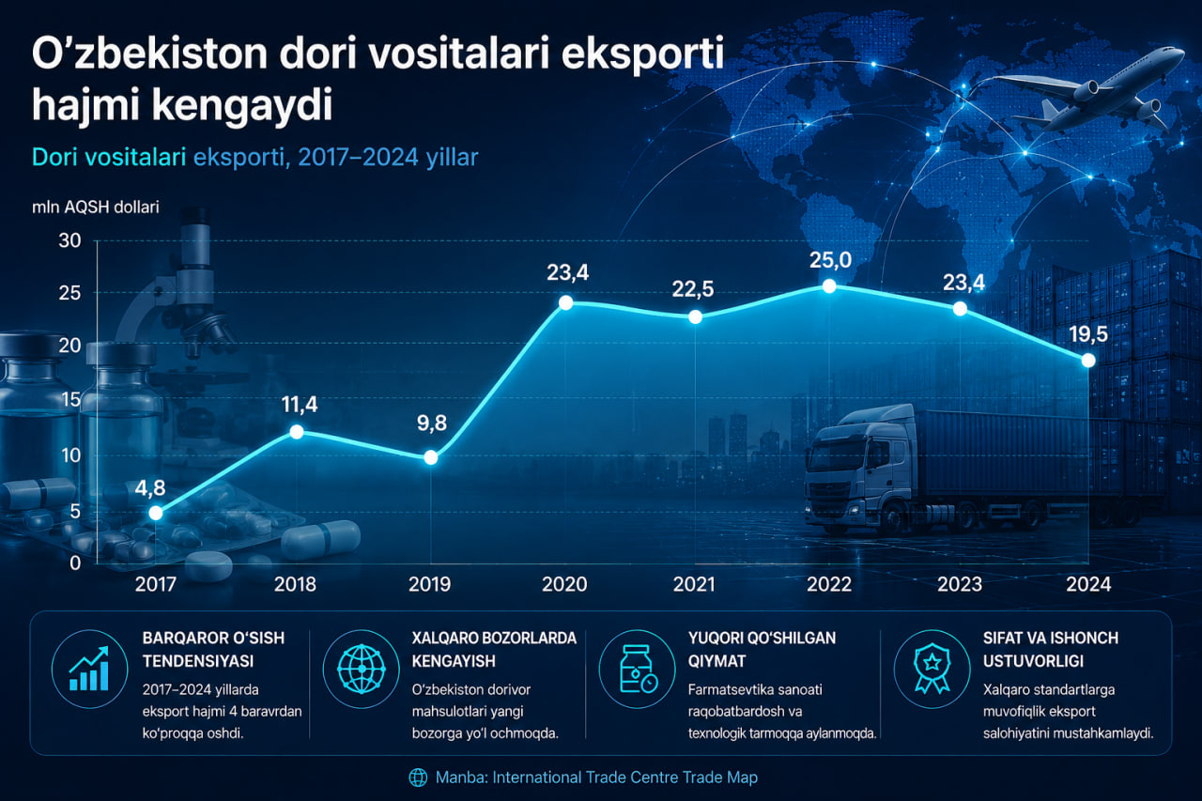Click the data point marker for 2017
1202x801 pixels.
(x=156, y=514)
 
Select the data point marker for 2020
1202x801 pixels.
(x=565, y=302)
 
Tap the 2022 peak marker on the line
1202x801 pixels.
(x=829, y=286)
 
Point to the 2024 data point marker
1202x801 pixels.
(x=1088, y=361)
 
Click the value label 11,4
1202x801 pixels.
(x=300, y=405)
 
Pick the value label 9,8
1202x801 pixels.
(x=432, y=424)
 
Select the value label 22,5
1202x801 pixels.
(x=693, y=289)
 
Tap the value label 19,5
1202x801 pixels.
(x=1088, y=334)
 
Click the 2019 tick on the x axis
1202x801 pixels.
(x=430, y=584)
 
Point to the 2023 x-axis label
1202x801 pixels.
(x=960, y=584)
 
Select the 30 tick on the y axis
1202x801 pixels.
(x=69, y=241)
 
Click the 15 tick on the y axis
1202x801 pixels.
(x=70, y=400)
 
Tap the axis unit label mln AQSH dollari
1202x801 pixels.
(x=96, y=208)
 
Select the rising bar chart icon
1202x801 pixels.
(x=89, y=669)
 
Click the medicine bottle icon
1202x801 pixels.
(x=637, y=669)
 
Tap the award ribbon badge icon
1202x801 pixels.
(x=932, y=669)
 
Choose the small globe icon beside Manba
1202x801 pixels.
(x=418, y=778)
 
